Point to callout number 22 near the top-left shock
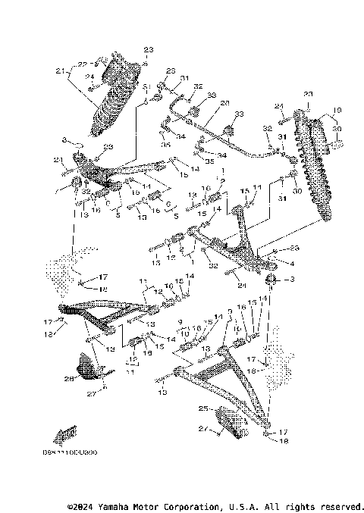[x=85, y=64]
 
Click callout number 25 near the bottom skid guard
[x=202, y=408]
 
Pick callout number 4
[x=291, y=263]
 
